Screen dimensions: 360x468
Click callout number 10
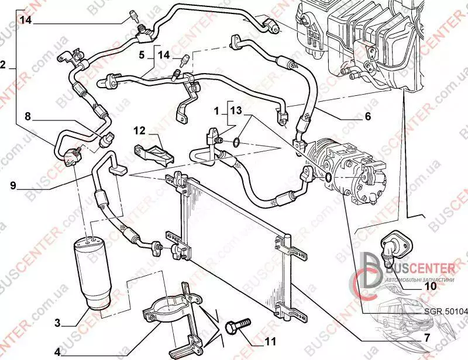(430, 286)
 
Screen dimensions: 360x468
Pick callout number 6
(367, 116)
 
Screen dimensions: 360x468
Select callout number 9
(12, 186)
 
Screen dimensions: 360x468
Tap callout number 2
(3, 66)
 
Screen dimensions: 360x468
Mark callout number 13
(235, 110)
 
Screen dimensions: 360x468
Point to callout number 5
(141, 55)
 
